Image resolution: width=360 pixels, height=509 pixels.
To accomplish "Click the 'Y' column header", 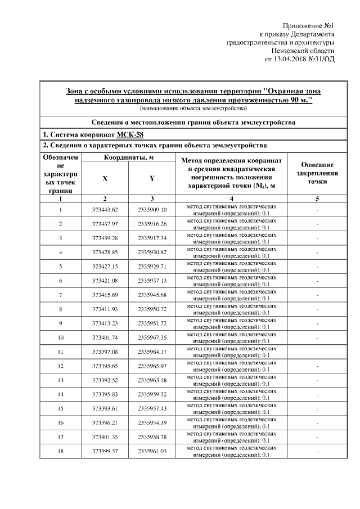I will [152, 178].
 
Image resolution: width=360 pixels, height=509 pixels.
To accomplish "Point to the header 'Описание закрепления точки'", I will [317, 173].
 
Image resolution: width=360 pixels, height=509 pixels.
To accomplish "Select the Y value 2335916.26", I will [152, 224].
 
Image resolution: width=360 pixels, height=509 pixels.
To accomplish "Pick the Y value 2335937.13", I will [152, 280].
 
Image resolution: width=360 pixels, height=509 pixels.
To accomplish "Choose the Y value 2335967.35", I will [152, 337].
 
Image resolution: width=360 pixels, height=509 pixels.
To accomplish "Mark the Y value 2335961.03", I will [152, 451].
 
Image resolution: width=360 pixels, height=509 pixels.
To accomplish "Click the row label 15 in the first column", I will [61, 408].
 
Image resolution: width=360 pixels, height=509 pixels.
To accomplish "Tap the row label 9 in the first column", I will [61, 323].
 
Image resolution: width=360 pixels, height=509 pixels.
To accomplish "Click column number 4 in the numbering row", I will [232, 199].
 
